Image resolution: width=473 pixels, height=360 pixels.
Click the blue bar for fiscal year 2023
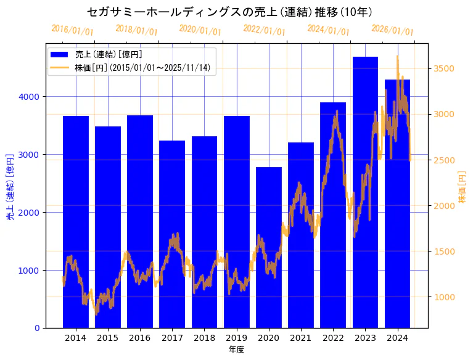click(365, 192)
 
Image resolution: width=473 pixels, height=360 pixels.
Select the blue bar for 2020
click(269, 247)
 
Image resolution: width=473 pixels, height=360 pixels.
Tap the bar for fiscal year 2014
click(76, 221)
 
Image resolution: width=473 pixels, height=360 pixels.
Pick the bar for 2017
click(172, 234)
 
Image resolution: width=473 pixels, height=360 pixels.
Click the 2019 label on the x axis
click(237, 338)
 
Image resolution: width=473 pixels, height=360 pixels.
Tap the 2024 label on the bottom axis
click(397, 338)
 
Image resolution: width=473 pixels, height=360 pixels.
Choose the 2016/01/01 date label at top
click(72, 30)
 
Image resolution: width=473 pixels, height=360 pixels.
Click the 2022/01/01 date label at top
click(264, 30)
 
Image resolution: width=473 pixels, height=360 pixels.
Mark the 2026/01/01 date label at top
click(392, 30)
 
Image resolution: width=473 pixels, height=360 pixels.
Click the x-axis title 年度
click(237, 350)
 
